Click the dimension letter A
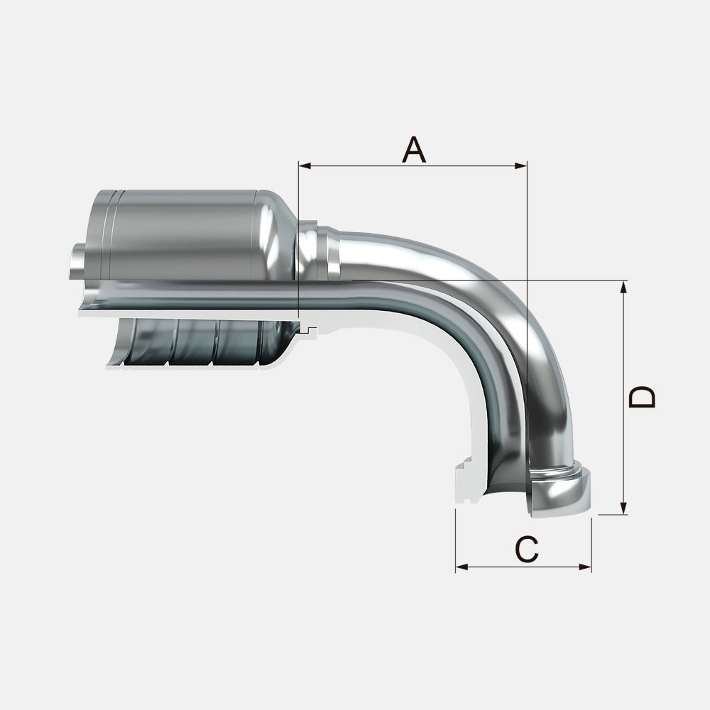414,149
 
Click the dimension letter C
527,550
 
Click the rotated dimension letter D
642,397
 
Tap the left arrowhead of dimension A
305,166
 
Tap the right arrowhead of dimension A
520,166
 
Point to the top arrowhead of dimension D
624,287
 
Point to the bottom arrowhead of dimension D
624,508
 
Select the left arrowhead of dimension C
462,567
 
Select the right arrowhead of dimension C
585,567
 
